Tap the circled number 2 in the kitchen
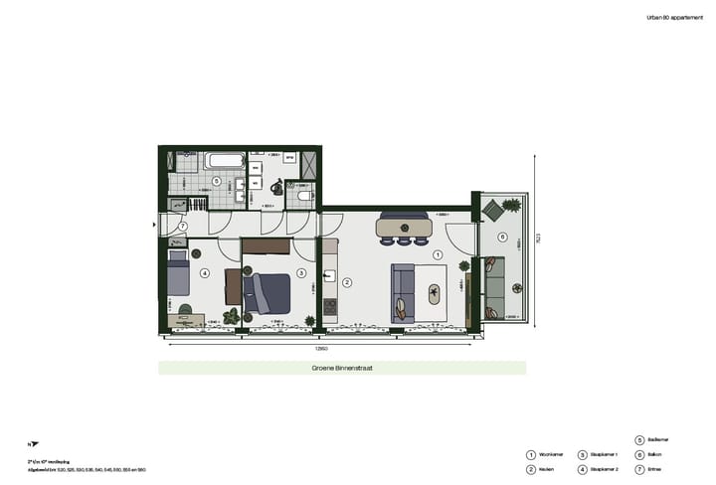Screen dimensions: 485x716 (x=347, y=283)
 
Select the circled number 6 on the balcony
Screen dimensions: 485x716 (x=502, y=237)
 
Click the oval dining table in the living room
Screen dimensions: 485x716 (x=404, y=228)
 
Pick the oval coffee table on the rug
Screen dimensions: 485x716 (x=435, y=294)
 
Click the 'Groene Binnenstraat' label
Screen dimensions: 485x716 (x=342, y=368)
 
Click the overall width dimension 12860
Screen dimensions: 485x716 (x=322, y=349)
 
